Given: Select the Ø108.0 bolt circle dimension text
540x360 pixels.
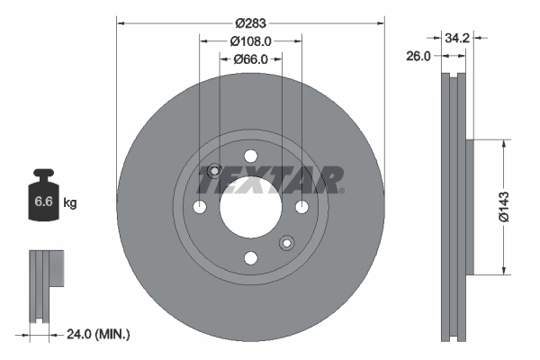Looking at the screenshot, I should pyautogui.click(x=251, y=41).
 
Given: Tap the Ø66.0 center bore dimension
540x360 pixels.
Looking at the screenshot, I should pyautogui.click(x=251, y=59).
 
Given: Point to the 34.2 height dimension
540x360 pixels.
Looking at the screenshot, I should pyautogui.click(x=458, y=38).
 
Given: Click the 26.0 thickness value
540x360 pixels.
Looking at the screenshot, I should pyautogui.click(x=417, y=56).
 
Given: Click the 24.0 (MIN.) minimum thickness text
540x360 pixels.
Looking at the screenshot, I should pyautogui.click(x=98, y=334).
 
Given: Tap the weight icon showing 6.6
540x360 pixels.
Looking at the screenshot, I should pyautogui.click(x=43, y=200).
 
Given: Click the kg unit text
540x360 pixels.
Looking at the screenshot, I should pyautogui.click(x=70, y=203).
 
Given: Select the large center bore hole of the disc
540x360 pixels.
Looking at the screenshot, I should pyautogui.click(x=250, y=208).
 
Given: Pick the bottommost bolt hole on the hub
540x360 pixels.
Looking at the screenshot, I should pyautogui.click(x=250, y=259).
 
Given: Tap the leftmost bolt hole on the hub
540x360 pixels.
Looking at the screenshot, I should pyautogui.click(x=200, y=208).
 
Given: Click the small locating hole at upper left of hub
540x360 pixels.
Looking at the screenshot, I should pyautogui.click(x=214, y=172).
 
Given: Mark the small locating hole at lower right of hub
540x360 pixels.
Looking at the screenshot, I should pyautogui.click(x=286, y=243).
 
